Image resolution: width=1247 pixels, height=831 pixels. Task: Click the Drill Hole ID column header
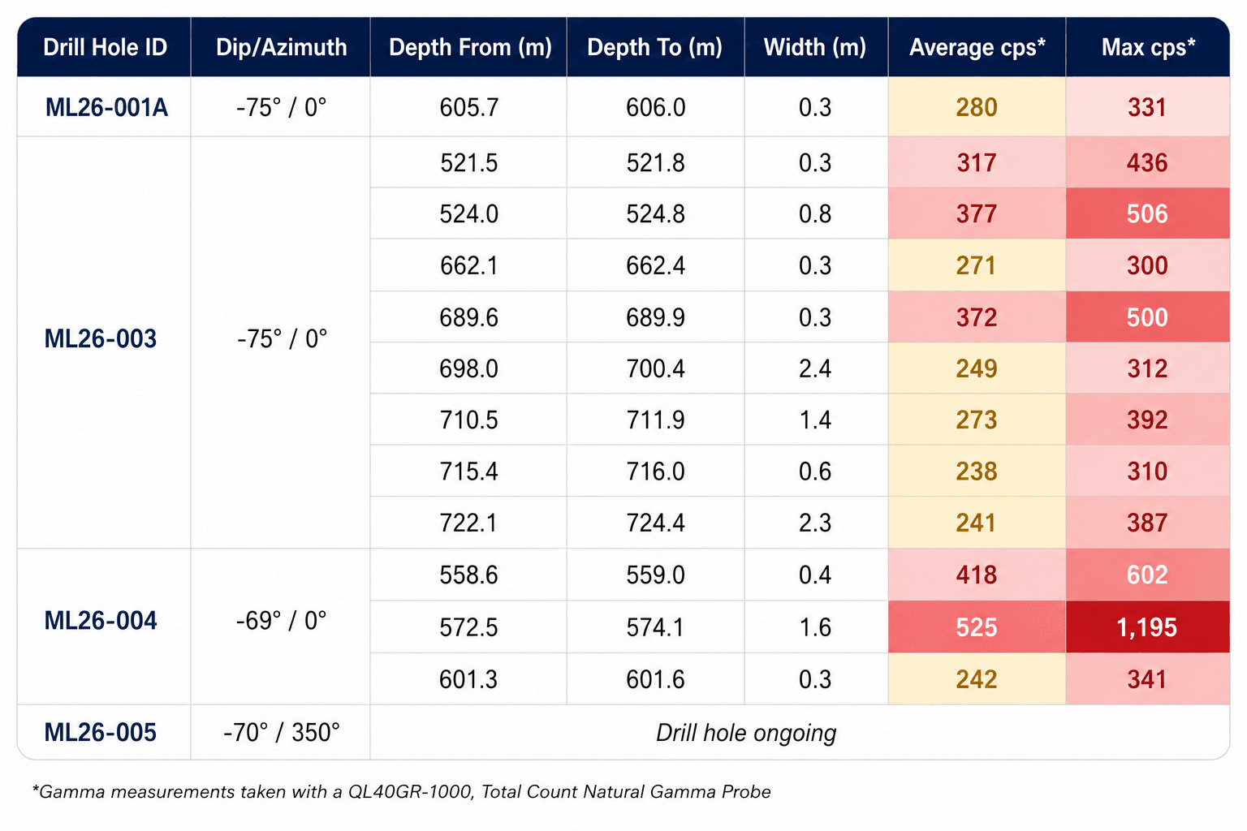click(106, 47)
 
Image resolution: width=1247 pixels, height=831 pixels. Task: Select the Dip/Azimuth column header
click(281, 47)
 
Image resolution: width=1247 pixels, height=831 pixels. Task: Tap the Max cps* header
click(1148, 47)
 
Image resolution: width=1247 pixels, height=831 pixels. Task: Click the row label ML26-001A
click(106, 107)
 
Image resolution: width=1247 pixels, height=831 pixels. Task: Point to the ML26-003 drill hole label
click(100, 339)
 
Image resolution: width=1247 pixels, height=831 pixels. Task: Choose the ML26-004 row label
click(100, 621)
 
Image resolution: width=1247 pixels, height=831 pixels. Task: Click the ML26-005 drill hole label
click(100, 733)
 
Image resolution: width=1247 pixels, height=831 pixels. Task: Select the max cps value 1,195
click(1147, 628)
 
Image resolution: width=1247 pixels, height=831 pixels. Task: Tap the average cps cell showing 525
click(977, 628)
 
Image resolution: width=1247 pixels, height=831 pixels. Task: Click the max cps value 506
click(1147, 214)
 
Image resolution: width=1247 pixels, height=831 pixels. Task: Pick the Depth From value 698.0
click(468, 369)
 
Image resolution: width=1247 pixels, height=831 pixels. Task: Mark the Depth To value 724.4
click(655, 523)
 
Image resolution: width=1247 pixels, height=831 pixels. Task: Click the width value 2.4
click(815, 369)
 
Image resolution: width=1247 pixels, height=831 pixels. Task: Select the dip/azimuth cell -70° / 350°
click(281, 733)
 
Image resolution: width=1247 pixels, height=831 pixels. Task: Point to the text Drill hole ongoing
click(746, 733)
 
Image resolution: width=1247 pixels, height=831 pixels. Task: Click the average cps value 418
click(977, 575)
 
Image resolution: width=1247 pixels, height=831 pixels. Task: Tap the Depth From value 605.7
click(468, 107)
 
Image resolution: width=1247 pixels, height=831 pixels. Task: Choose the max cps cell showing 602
click(1147, 575)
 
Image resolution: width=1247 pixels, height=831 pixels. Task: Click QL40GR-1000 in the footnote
click(410, 792)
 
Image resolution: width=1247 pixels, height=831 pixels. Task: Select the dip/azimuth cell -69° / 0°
click(281, 621)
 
